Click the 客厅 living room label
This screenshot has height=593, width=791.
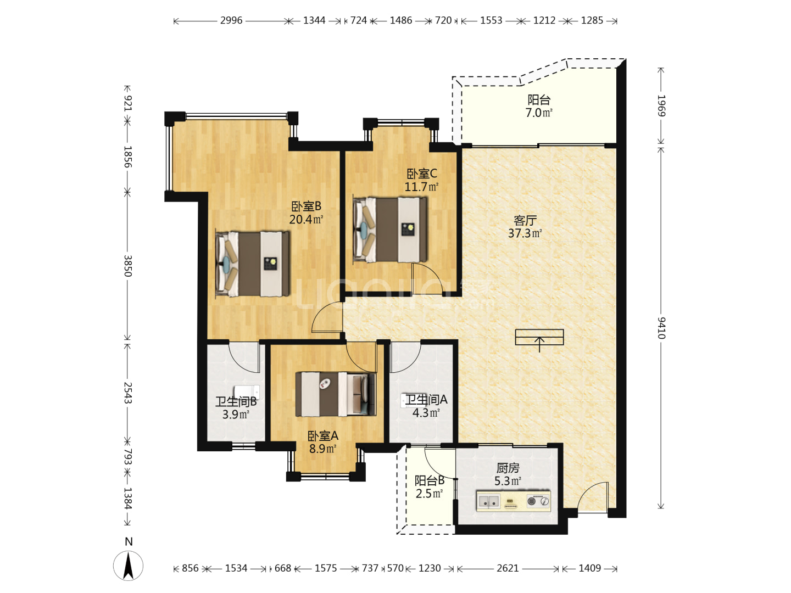tap(525, 220)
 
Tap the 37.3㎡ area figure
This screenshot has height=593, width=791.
tap(525, 233)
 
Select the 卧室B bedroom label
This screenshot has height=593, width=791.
tap(306, 206)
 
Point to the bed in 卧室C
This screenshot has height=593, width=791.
tap(390, 230)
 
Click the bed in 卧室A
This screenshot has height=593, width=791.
tap(336, 394)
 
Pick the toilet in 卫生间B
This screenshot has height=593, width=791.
tap(247, 391)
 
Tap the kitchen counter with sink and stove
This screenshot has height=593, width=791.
tap(513, 501)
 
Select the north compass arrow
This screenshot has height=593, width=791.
tap(129, 566)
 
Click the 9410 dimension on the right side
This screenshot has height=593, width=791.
tap(661, 328)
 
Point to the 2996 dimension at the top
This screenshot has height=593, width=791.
tap(231, 20)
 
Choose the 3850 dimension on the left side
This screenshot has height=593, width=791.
tap(128, 266)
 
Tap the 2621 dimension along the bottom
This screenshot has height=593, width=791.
tap(508, 568)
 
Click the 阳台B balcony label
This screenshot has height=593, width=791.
tap(429, 480)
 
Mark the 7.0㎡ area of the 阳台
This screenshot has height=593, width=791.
tap(539, 113)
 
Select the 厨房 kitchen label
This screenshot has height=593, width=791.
tap(508, 468)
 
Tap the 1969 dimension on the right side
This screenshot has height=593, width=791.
tap(661, 105)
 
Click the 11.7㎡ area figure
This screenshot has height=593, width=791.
tap(421, 187)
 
